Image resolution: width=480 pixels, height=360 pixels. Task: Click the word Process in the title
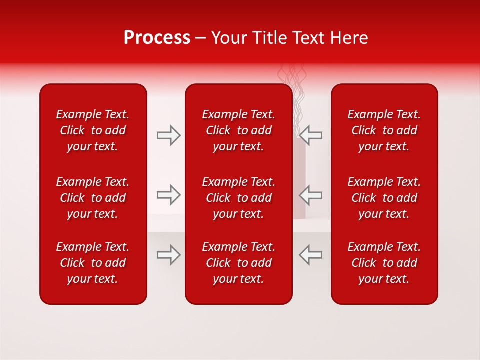157,38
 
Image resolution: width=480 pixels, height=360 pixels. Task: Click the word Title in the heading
270,38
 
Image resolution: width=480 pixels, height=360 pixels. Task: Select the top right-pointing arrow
169,135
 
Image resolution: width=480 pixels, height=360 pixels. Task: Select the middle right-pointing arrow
169,195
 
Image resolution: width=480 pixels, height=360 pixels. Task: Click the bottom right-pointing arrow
169,255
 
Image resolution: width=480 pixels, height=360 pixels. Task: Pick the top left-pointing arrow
310,135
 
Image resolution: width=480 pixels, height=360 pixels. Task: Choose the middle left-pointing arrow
310,195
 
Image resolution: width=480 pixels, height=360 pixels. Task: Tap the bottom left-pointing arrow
310,255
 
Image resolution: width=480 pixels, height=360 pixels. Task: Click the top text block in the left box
93,130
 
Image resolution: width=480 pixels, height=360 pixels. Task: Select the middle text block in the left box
93,198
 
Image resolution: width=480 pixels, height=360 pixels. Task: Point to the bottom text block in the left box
93,263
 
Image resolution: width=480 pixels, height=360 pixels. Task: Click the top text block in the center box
238,130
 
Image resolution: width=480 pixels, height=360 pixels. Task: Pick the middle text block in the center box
238,198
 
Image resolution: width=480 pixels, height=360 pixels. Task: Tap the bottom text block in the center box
238,263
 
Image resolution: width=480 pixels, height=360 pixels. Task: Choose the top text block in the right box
384,130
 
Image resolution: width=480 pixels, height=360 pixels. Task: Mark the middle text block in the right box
384,198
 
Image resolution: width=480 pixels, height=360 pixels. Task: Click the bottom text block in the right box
384,263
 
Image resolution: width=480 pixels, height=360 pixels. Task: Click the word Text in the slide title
308,38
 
